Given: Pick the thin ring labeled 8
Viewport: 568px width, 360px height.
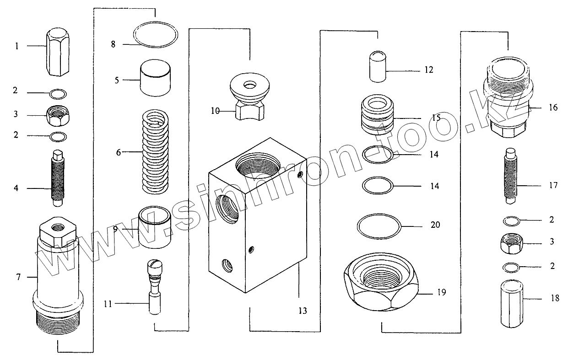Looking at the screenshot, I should (155, 35).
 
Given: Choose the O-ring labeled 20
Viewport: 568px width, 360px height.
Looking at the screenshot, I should (379, 225).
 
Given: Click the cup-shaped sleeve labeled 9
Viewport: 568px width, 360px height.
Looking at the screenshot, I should (155, 227).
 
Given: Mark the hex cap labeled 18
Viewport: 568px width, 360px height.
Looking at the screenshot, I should (512, 304).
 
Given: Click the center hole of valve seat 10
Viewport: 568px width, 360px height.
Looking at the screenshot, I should (249, 85).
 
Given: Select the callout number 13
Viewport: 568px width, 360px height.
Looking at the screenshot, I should (303, 311).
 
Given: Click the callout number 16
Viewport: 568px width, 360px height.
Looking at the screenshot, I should (553, 108).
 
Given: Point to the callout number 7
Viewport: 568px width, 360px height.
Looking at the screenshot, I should (19, 277).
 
